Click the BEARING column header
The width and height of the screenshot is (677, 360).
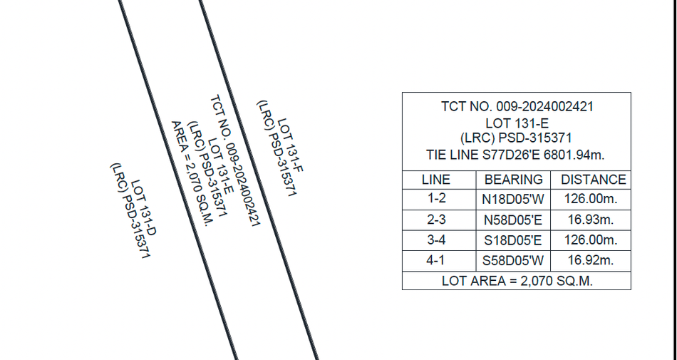[513, 180]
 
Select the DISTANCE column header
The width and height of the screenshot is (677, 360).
[593, 180]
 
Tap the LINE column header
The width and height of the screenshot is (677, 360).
[436, 180]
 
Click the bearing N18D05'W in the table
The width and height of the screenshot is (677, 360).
[513, 200]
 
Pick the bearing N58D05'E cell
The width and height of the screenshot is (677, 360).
[512, 220]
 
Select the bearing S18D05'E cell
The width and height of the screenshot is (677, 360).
[512, 240]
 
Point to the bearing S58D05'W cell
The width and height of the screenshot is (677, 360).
[513, 261]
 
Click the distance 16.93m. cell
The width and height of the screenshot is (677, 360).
[591, 220]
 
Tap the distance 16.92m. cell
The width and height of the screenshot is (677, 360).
[591, 260]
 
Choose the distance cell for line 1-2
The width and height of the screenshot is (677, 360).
[591, 199]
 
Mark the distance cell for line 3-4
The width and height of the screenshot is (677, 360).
[591, 240]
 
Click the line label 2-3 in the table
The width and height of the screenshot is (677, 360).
[436, 220]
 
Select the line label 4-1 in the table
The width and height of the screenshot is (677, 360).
[435, 260]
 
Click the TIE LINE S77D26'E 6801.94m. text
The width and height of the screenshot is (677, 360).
[515, 155]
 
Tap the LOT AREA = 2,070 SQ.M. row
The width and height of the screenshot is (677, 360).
[517, 281]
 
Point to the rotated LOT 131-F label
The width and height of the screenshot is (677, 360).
[291, 145]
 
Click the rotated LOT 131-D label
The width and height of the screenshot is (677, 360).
[143, 207]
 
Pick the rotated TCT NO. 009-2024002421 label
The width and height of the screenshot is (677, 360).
[235, 160]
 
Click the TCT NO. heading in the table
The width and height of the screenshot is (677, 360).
[517, 107]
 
